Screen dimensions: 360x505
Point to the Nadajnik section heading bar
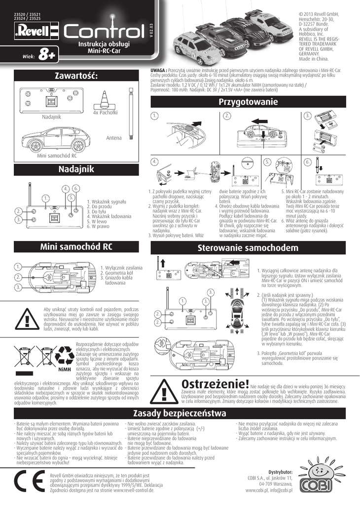pos(76,169)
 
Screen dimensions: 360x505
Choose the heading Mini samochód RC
pos(76,247)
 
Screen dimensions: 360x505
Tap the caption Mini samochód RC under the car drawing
pos(57,156)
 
